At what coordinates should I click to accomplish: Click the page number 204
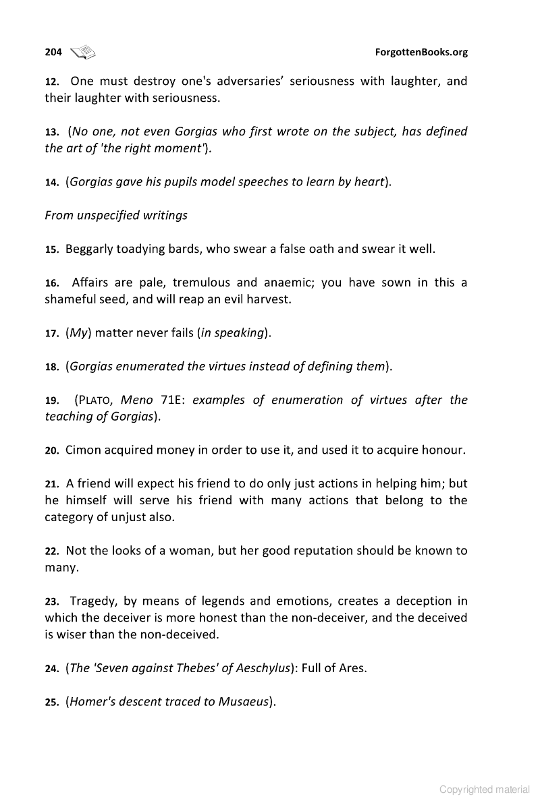pyautogui.click(x=53, y=52)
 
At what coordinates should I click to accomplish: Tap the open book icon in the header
pyautogui.click(x=83, y=52)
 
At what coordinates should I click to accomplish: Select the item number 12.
pyautogui.click(x=52, y=82)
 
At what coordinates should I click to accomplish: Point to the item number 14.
pyautogui.click(x=52, y=182)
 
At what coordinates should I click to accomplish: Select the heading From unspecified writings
pyautogui.click(x=116, y=216)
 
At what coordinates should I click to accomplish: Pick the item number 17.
pyautogui.click(x=52, y=333)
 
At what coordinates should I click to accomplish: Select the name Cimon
pyautogui.click(x=83, y=450)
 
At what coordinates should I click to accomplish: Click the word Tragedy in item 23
pyautogui.click(x=94, y=601)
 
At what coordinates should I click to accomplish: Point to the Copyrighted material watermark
pyautogui.click(x=485, y=789)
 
